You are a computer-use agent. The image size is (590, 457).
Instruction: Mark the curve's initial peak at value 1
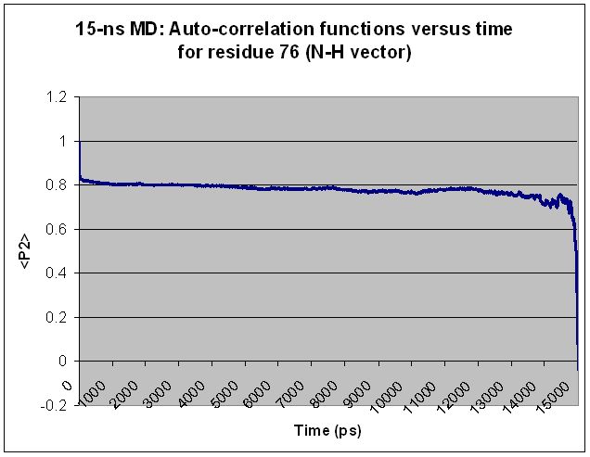click(x=80, y=143)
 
